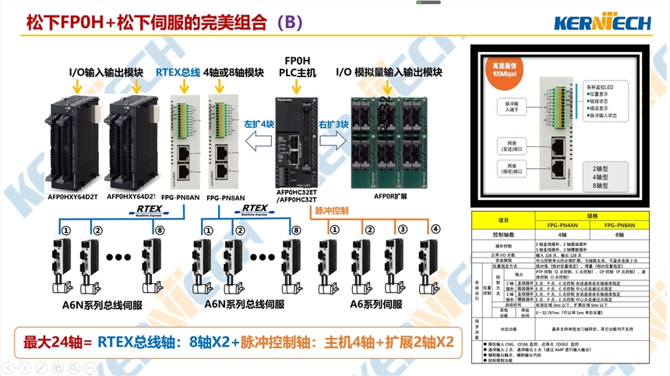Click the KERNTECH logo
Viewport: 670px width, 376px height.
click(x=602, y=22)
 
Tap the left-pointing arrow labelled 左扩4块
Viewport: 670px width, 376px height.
click(x=259, y=139)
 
